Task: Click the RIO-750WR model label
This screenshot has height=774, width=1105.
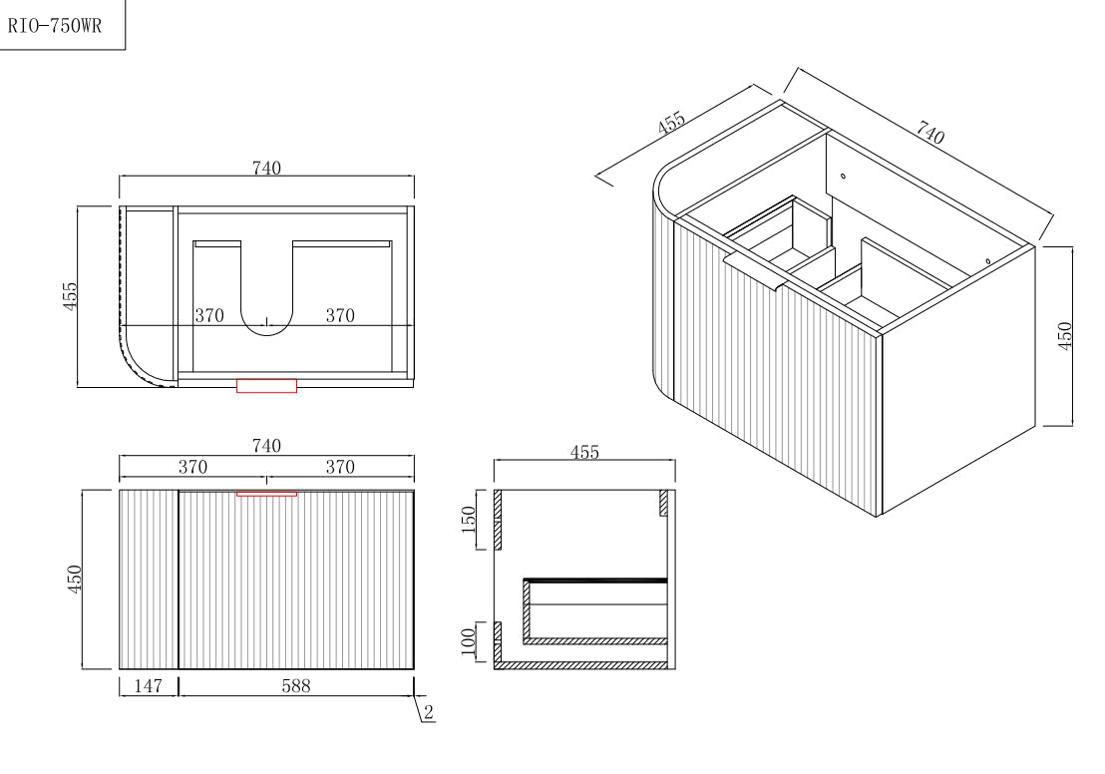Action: tap(56, 26)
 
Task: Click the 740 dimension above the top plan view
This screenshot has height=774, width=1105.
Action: tap(266, 169)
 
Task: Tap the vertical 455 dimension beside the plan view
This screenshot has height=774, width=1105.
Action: tap(71, 296)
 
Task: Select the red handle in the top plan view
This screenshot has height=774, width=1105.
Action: tap(266, 385)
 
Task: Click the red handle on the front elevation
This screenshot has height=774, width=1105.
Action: tap(266, 493)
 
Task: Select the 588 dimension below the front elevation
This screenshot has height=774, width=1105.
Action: tap(296, 686)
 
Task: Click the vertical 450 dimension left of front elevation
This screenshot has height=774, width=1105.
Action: tap(74, 579)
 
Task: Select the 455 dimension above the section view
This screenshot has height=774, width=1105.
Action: tap(584, 453)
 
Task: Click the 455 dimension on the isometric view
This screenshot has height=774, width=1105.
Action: tap(672, 124)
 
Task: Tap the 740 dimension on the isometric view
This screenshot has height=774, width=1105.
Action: tap(929, 134)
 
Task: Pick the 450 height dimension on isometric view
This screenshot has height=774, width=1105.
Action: tap(1064, 336)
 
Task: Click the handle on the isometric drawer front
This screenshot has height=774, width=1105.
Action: tap(756, 272)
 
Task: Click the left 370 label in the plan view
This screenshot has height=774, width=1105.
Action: tap(208, 316)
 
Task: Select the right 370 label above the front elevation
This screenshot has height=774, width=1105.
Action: tap(340, 467)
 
